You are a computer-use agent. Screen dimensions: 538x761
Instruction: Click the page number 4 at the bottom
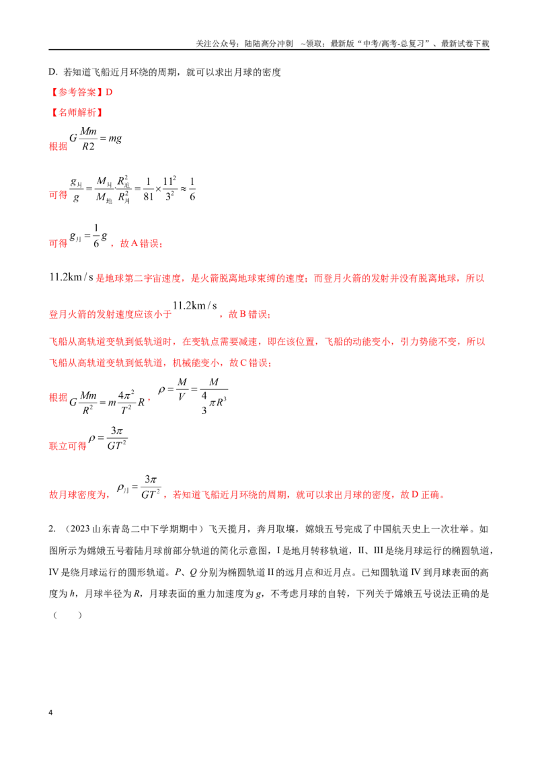(x=50, y=713)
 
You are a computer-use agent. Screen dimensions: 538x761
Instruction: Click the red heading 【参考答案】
(x=76, y=92)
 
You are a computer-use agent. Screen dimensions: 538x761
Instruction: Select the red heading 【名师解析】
(x=76, y=112)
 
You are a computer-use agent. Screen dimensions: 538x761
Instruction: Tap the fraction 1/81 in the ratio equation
(x=148, y=189)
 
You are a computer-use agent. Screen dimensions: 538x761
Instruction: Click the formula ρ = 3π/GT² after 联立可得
(x=108, y=438)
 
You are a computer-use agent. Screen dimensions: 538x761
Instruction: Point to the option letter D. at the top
(x=53, y=73)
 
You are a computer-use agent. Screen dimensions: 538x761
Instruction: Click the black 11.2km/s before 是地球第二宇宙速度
(x=71, y=278)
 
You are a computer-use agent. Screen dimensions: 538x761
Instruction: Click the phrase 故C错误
(x=250, y=362)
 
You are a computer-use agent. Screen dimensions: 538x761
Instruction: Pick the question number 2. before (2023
(x=52, y=529)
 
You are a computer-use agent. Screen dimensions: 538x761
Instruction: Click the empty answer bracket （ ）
(x=67, y=615)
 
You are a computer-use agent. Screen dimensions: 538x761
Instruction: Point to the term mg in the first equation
(x=115, y=138)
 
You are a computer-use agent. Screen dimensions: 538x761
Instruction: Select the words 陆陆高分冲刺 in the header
(x=268, y=44)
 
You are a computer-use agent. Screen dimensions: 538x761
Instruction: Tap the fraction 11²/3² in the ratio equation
(x=169, y=189)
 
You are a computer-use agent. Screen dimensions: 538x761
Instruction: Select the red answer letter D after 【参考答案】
(x=109, y=92)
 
